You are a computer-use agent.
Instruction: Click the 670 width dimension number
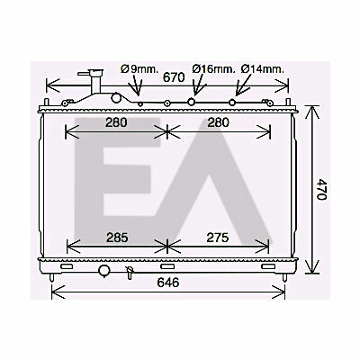tap(174, 77)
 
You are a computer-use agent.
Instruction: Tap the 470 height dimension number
tap(321, 189)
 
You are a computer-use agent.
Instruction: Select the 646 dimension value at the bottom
tap(168, 283)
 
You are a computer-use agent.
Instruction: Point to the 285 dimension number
tap(117, 238)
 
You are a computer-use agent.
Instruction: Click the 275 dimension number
tap(218, 238)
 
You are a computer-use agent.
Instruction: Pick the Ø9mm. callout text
tap(139, 69)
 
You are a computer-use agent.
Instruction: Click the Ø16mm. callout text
tap(213, 69)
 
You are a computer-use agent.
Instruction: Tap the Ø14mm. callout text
tap(263, 69)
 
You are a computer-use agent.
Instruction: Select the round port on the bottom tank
tap(104, 271)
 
